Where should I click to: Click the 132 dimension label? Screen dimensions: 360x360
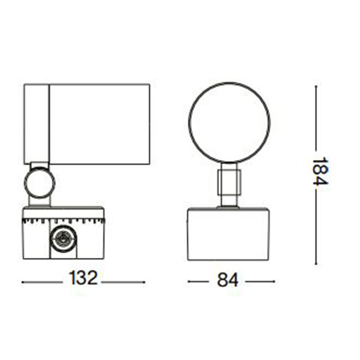tap(83, 278)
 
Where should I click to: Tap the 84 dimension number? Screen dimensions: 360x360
tap(228, 280)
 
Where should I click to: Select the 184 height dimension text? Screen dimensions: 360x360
tap(321, 171)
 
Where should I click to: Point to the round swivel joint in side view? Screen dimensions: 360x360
tap(25, 182)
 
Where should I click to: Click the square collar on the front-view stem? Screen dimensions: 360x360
tap(229, 182)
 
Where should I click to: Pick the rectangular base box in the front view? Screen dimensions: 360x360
tap(229, 235)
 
